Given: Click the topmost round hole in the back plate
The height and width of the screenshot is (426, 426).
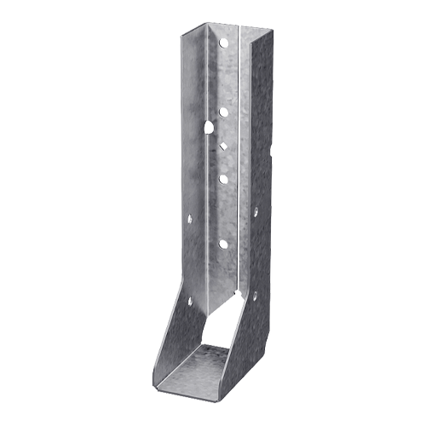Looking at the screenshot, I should [x=224, y=42].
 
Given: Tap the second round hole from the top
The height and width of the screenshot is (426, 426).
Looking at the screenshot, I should [x=223, y=111].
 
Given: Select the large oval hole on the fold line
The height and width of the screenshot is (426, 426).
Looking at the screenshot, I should [x=209, y=127].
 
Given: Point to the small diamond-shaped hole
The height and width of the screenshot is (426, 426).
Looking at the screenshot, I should [x=223, y=147].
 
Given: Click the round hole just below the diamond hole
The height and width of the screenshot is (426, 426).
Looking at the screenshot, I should [x=223, y=178].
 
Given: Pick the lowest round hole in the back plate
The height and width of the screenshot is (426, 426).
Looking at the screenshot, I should [x=223, y=244].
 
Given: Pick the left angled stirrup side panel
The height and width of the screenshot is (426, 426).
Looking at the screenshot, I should [x=175, y=337].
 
